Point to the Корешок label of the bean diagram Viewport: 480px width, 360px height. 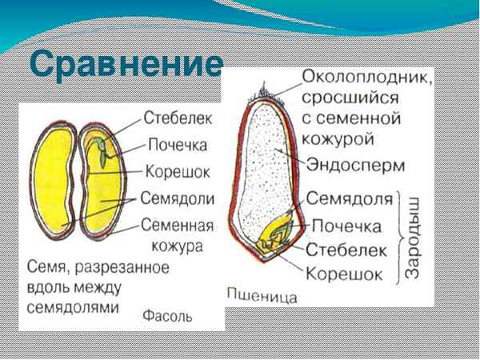(x=178, y=170)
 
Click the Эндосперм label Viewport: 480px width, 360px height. (x=356, y=164)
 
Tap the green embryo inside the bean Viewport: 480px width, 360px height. (x=98, y=154)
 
